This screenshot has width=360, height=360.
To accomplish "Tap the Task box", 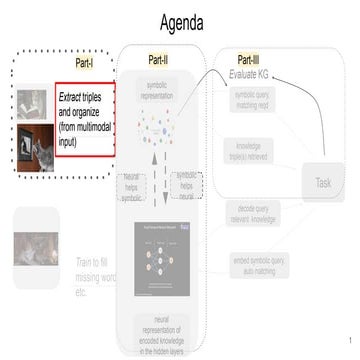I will coord(323,182).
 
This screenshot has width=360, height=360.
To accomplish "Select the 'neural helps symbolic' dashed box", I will coord(132,190).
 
